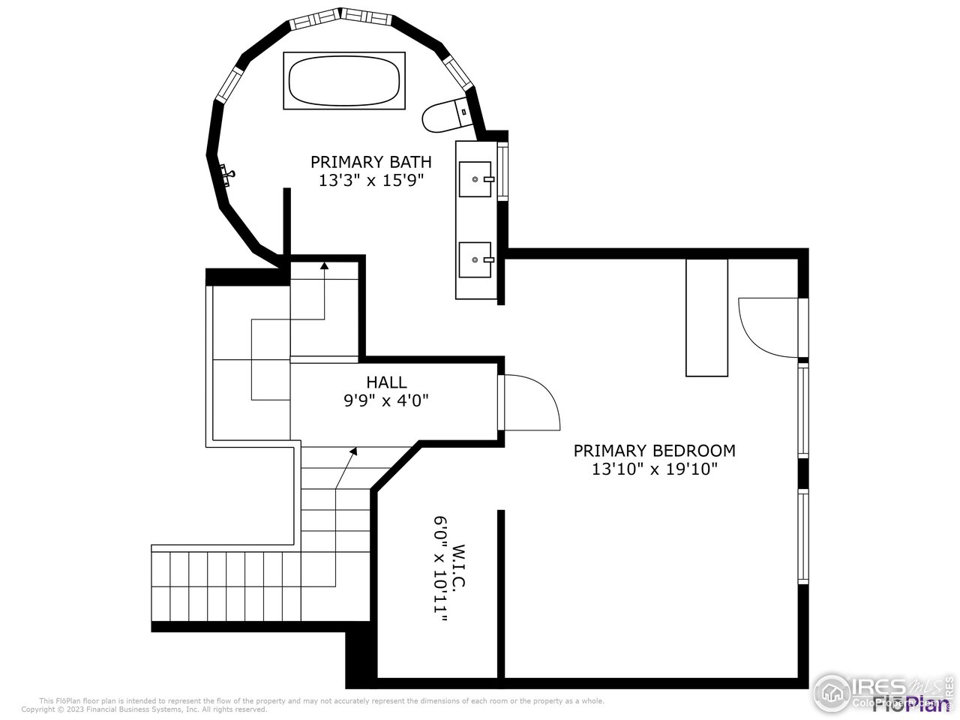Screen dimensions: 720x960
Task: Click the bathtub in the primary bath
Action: point(344,81)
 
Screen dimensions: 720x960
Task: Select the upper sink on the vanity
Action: point(475,179)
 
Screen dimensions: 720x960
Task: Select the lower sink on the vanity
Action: point(475,259)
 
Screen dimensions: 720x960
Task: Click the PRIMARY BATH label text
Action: point(371,162)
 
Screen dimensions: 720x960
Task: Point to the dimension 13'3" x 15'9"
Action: point(371,181)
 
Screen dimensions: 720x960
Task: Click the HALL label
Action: point(386,382)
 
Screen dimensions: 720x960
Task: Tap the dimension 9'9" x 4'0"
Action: point(386,400)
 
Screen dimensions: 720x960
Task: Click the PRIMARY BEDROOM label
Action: point(654,451)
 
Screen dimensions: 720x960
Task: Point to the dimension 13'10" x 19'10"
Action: point(654,469)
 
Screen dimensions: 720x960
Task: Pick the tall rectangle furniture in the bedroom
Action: point(706,317)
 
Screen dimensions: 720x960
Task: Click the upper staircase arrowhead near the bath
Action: point(324,265)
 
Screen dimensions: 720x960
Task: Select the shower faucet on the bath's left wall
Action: point(227,174)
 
